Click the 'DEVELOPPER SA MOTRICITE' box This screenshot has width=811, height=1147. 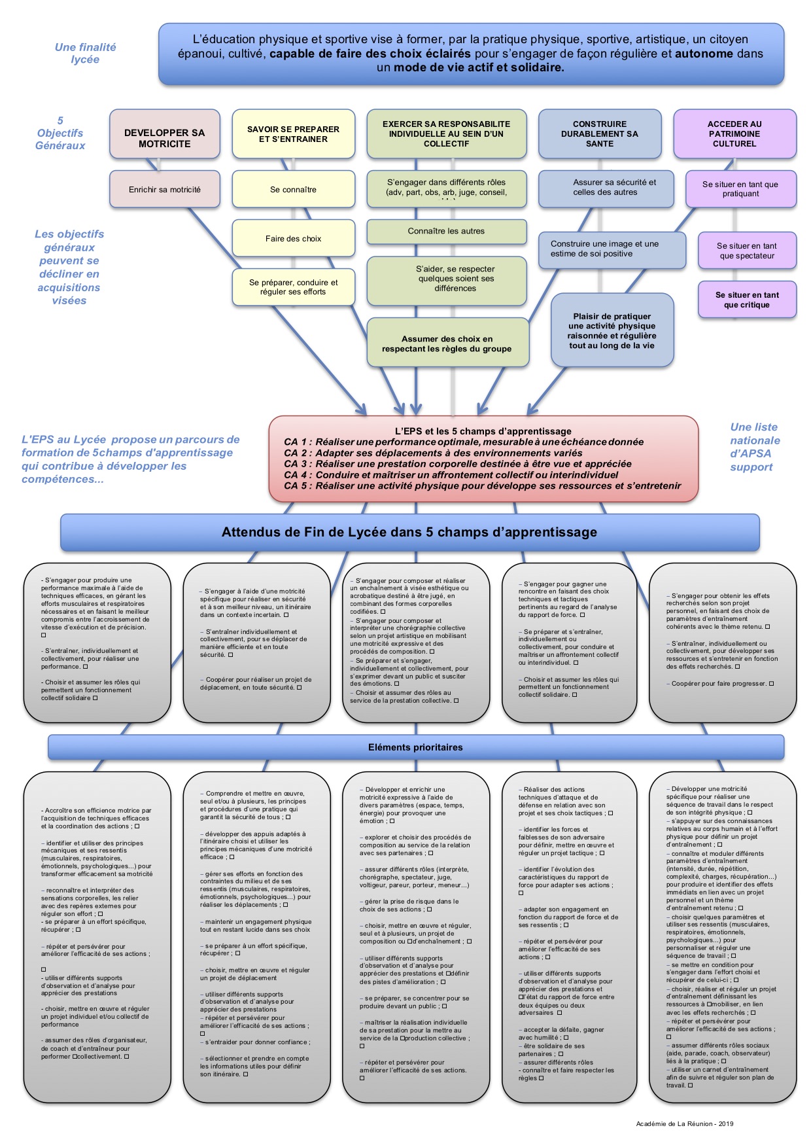coord(164,137)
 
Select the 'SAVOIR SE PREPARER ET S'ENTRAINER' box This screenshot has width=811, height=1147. coord(293,134)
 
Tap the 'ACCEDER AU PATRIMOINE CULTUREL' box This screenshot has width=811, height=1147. coord(734,133)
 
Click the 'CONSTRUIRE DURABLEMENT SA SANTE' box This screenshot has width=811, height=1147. coord(599,133)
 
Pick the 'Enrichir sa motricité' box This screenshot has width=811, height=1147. coord(164,190)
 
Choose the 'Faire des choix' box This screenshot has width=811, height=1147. coord(293,239)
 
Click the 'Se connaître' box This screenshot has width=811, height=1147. coord(293,190)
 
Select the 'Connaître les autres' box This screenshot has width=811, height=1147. coord(446,231)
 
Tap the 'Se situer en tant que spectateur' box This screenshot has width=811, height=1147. coord(747,251)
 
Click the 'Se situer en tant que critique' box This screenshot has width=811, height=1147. coord(747,300)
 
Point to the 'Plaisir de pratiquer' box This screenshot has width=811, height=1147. coord(612,330)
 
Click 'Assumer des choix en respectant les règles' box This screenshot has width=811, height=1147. coord(447,344)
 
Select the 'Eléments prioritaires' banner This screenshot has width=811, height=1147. coord(415,747)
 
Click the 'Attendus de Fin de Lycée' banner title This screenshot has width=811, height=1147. coord(409,532)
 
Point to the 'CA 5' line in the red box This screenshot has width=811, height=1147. coord(482,485)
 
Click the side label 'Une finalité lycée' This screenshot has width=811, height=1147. coord(85,53)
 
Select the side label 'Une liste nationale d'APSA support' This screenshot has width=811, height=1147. coord(755,447)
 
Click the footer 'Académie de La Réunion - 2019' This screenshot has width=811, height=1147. coord(685,1124)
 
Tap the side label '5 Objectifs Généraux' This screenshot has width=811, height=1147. coord(60,133)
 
